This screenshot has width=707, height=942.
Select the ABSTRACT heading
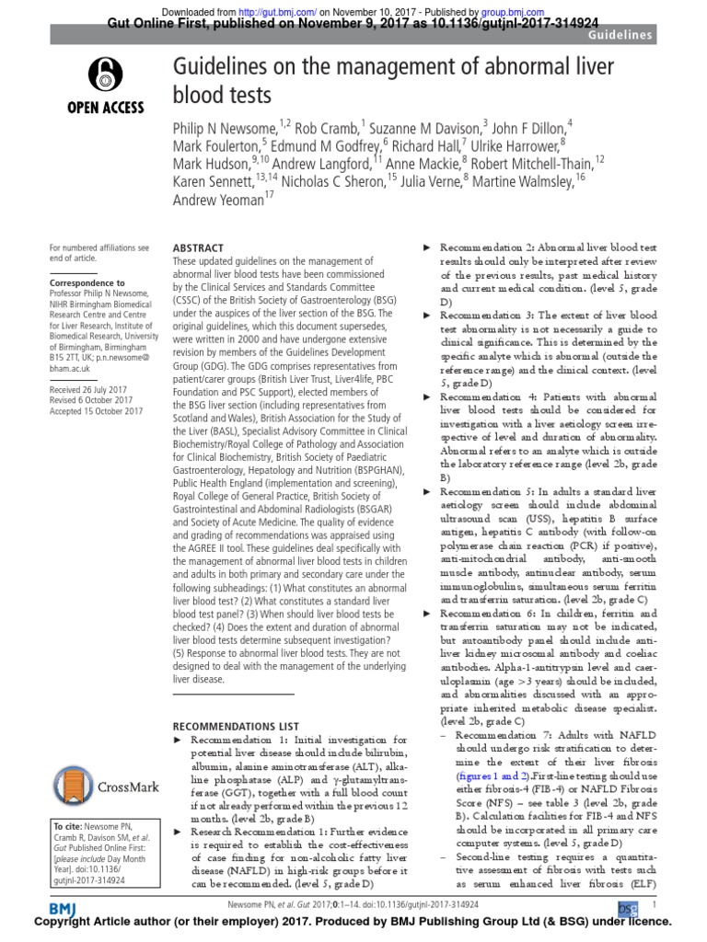pos(198,248)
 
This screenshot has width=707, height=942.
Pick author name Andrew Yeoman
pos(216,199)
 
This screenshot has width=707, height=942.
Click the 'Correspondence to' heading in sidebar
pos(87,282)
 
